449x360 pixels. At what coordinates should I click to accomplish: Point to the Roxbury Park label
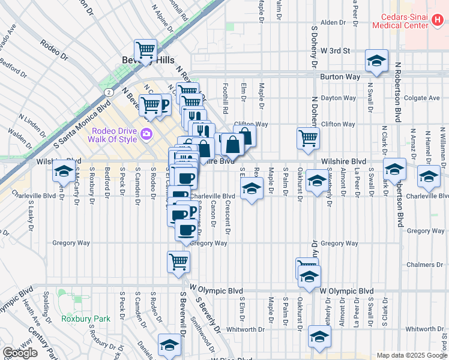[86, 319]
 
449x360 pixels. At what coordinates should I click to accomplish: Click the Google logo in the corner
[20, 353]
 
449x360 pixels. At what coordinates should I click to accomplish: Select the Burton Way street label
[340, 77]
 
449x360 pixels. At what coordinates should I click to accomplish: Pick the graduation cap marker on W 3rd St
[376, 60]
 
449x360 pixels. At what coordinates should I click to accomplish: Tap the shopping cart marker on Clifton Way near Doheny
[308, 137]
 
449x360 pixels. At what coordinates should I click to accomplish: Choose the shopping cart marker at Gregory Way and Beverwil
[178, 262]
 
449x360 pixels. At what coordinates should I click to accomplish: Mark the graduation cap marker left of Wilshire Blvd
[63, 171]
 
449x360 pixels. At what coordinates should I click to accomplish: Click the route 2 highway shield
[107, 92]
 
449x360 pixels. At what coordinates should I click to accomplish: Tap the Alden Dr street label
[333, 22]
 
